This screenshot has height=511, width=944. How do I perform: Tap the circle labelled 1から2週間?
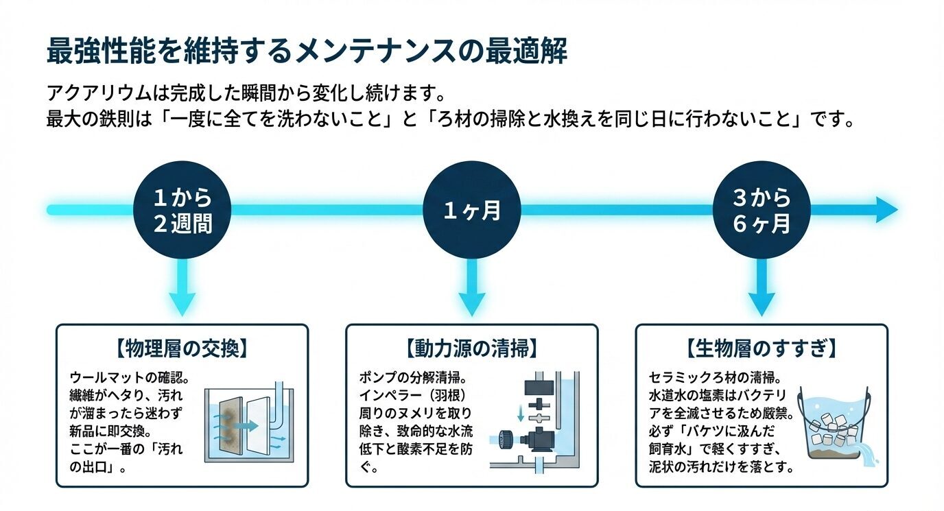[x=182, y=210]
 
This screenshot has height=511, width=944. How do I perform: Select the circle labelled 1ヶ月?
[x=472, y=210]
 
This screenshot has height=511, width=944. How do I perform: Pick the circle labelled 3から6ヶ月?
[x=762, y=210]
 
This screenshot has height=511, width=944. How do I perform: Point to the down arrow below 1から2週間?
[x=182, y=292]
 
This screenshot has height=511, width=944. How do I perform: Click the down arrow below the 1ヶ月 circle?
[x=472, y=292]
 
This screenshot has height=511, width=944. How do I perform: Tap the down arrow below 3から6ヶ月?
[x=762, y=292]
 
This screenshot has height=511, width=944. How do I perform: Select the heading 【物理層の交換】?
[x=181, y=348]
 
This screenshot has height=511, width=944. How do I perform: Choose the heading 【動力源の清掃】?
[x=471, y=348]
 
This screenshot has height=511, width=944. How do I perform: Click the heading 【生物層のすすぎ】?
[x=762, y=348]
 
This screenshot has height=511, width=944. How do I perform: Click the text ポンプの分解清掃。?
[x=416, y=378]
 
